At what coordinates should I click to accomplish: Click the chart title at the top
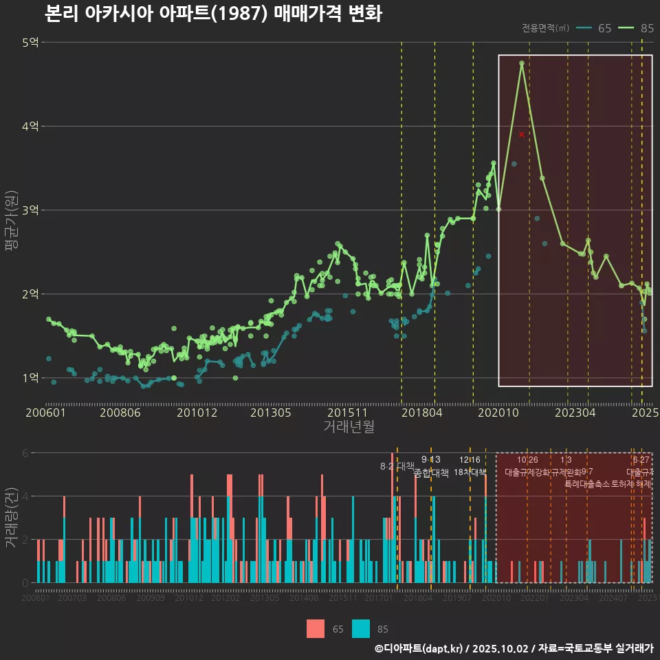[x=213, y=14]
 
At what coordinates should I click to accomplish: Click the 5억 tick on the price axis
[x=30, y=43]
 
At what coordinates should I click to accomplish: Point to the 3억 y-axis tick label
[x=30, y=210]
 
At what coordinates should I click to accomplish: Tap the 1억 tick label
[x=30, y=377]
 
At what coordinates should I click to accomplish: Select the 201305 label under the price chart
[x=269, y=412]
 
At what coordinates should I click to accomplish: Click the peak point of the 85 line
[x=522, y=63]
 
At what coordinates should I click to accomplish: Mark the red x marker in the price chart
[x=522, y=134]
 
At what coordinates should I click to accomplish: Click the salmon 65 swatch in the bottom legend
[x=315, y=628]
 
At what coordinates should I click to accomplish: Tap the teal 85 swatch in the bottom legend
[x=360, y=628]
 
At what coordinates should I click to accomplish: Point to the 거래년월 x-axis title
[x=349, y=426]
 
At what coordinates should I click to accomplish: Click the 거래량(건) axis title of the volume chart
[x=12, y=518]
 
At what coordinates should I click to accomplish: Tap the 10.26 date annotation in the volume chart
[x=527, y=460]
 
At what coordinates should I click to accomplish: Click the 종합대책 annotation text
[x=431, y=472]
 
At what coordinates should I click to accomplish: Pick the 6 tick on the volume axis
[x=25, y=453]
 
